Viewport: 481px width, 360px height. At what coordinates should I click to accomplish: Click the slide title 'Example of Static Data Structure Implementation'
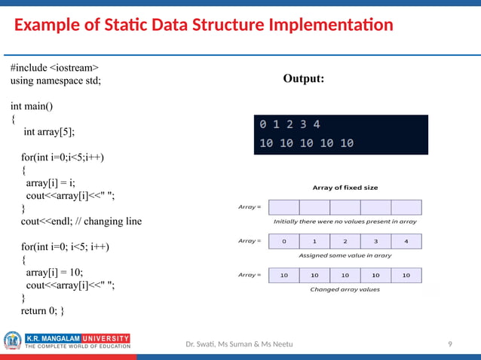tap(204, 25)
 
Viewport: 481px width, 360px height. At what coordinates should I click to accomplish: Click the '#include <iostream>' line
tap(54, 68)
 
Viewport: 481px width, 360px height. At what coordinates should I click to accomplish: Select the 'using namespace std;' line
tap(56, 81)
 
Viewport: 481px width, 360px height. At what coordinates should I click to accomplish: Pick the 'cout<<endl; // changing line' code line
tap(81, 221)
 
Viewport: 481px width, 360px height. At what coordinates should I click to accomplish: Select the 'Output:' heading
tap(304, 78)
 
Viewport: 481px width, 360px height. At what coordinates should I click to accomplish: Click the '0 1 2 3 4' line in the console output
tap(290, 124)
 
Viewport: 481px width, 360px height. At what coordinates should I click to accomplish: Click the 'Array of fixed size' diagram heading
tap(345, 188)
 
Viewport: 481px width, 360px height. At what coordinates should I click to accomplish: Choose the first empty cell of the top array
tap(283, 207)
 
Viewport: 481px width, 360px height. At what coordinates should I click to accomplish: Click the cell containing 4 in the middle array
tap(406, 242)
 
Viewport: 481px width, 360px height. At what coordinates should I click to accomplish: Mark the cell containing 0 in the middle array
tap(283, 242)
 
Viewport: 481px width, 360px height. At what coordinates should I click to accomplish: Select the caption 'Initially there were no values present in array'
tap(345, 222)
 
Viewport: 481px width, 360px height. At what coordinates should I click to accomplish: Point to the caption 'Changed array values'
tap(345, 289)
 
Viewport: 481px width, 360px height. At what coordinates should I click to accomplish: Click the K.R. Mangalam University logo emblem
tap(13, 341)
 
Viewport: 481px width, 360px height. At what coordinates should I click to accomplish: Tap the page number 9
tap(450, 344)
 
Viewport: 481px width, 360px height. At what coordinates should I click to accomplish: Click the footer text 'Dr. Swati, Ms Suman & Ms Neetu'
tap(240, 344)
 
